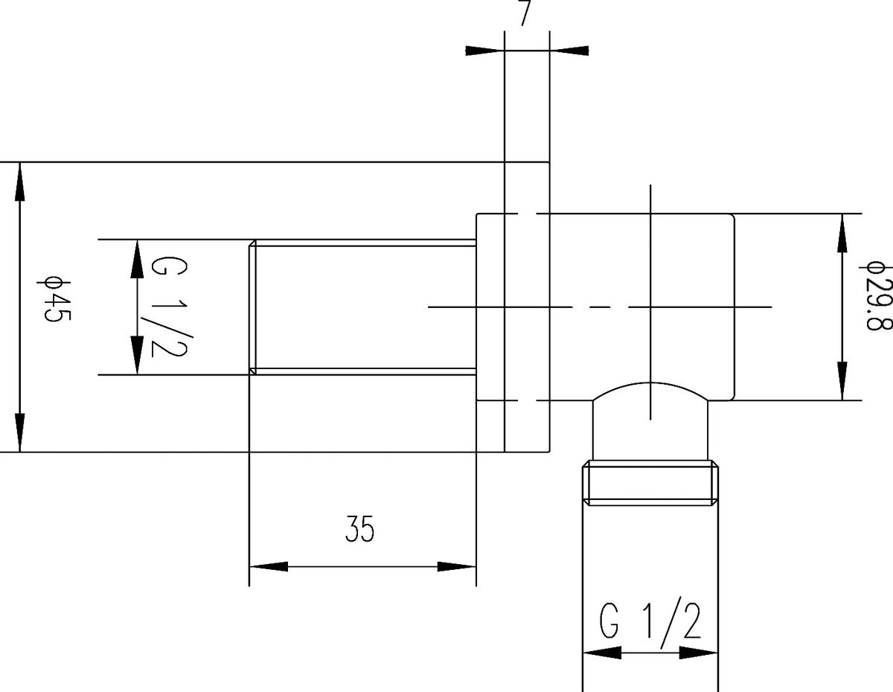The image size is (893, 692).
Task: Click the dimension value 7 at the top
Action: (525, 13)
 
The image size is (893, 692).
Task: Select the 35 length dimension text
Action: (359, 529)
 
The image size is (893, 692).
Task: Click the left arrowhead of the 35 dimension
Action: (269, 567)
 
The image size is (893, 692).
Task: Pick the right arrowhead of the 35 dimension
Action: (457, 567)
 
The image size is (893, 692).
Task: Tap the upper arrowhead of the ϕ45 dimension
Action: (20, 182)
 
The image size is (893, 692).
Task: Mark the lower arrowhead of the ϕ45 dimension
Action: (20, 432)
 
